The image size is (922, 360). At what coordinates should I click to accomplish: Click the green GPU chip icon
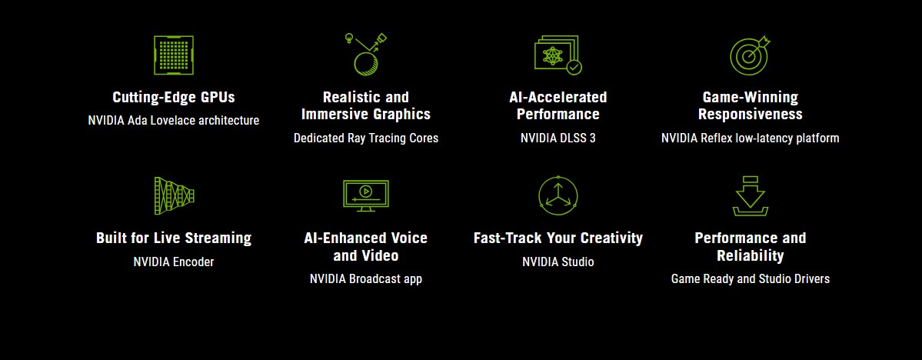coord(174,55)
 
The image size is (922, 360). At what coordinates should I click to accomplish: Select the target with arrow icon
coord(750,55)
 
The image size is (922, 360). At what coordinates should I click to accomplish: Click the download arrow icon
coord(751,196)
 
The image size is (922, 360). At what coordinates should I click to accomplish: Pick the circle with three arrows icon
coord(558,196)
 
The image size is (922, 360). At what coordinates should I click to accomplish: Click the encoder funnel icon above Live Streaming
coord(174,196)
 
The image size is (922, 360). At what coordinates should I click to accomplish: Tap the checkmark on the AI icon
coord(574,68)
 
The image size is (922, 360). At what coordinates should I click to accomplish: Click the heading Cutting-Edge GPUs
coord(174,97)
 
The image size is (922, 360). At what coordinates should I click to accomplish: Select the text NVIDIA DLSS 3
coord(558,138)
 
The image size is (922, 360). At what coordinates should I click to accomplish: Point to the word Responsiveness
coord(751,114)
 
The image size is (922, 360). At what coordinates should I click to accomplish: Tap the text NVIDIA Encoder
coord(174,262)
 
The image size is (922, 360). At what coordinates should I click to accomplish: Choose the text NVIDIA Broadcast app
coord(366,278)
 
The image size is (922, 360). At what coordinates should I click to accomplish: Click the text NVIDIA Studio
coord(558,262)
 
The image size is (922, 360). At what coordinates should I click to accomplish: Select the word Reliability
coord(751,256)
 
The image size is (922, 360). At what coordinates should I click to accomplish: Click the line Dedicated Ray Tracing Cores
coord(366,138)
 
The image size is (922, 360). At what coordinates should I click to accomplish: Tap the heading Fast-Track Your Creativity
coord(558,238)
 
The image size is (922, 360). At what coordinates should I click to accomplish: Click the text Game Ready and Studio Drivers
coord(751,278)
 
